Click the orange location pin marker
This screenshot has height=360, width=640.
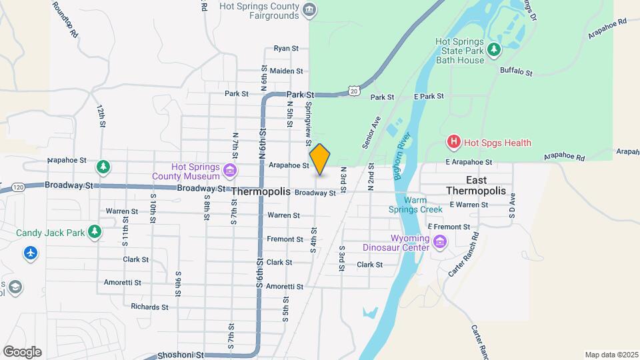(320, 159)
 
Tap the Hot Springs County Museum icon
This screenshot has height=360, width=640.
(230, 171)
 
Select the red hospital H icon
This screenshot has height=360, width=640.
(454, 142)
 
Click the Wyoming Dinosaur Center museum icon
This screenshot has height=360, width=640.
(439, 242)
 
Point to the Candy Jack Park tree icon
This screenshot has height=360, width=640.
(95, 232)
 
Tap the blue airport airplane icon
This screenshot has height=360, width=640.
(30, 253)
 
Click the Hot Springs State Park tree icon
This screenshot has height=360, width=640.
(493, 49)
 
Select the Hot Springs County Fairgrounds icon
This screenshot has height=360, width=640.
(309, 9)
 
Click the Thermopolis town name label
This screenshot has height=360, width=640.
(261, 191)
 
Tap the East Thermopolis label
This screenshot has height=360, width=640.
(476, 185)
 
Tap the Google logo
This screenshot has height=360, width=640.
(22, 352)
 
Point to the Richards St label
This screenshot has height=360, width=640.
(149, 307)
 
